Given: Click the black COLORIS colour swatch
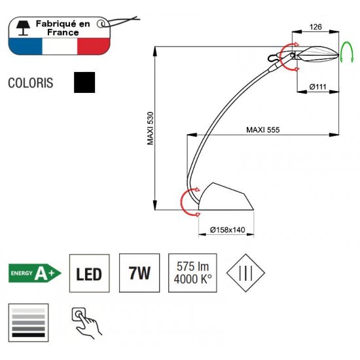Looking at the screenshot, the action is [x=84, y=82].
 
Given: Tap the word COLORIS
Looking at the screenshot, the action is [x=31, y=83].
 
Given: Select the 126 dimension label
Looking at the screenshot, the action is [x=315, y=27].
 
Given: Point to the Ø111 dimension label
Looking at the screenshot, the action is [x=317, y=87].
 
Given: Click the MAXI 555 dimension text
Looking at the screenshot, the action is [x=263, y=130].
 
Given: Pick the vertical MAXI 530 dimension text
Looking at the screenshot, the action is [x=150, y=128].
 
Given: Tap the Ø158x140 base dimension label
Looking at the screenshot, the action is [x=227, y=230].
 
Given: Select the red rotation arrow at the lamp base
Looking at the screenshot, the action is [x=181, y=202].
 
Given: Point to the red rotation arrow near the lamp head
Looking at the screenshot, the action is [x=281, y=56].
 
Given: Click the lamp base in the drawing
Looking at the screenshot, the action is [x=226, y=196].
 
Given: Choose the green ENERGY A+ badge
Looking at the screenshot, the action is [x=35, y=273].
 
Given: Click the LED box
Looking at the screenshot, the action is [x=89, y=273].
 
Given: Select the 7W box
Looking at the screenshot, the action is [x=139, y=273].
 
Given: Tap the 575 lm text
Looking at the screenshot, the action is [x=192, y=266].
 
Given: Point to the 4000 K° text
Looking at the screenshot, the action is [x=193, y=279].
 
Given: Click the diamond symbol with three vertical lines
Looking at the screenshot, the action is [x=245, y=273].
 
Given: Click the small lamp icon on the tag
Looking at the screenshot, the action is [x=23, y=28].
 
